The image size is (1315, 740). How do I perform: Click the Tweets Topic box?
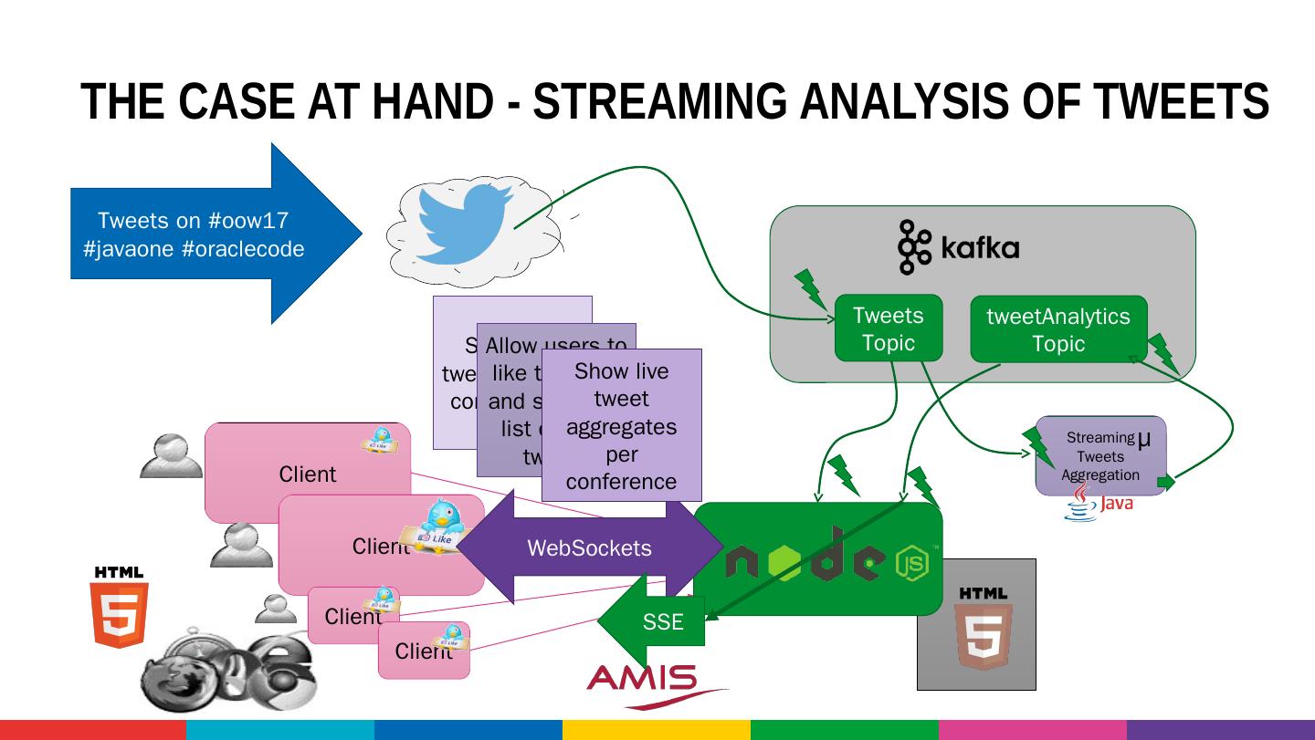[888, 328]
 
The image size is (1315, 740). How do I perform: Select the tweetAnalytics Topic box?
[1057, 329]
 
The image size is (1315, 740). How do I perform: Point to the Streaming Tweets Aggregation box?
[1099, 456]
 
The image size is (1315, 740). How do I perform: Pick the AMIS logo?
[642, 680]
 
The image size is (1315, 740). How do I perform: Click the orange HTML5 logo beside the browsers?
[119, 608]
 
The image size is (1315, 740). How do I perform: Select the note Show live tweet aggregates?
[621, 425]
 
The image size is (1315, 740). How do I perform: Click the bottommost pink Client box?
[424, 651]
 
